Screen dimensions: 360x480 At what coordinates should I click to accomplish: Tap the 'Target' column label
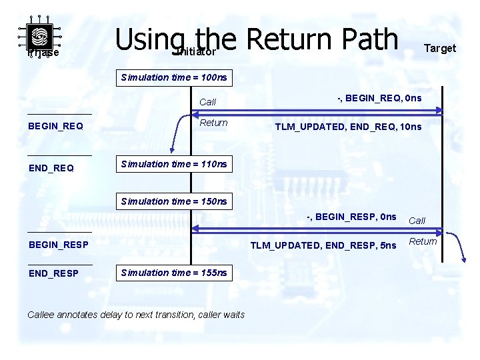click(x=440, y=48)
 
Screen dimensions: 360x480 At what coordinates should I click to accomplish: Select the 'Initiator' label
click(x=195, y=51)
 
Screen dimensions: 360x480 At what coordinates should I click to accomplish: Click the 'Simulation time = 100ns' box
click(x=174, y=77)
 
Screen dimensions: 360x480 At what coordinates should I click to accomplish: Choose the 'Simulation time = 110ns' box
click(x=174, y=164)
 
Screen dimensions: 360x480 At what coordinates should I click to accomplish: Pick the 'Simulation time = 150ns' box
click(x=174, y=201)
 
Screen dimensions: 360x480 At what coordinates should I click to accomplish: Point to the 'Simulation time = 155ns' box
click(x=174, y=273)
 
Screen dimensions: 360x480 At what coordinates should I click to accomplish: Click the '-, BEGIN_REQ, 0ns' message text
click(x=379, y=99)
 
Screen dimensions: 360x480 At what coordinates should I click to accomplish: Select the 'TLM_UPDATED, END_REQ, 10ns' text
click(x=349, y=127)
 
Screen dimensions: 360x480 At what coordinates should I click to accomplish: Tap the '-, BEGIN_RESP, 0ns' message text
click(x=351, y=217)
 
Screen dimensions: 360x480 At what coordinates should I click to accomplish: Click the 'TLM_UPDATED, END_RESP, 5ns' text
click(x=323, y=245)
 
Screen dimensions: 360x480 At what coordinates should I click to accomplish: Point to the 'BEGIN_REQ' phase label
click(x=56, y=126)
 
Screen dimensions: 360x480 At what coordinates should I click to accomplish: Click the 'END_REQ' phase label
click(x=51, y=168)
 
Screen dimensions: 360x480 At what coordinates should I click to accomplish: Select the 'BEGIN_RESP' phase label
click(x=59, y=245)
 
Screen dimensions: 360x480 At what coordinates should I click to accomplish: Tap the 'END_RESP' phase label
click(x=53, y=273)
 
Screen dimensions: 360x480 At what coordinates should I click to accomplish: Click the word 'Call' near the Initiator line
click(x=208, y=102)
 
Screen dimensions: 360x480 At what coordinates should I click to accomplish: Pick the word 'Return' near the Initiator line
click(x=213, y=123)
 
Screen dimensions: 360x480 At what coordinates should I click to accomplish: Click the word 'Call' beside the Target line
click(x=417, y=221)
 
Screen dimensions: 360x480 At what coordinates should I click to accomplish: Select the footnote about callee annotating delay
click(x=136, y=315)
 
